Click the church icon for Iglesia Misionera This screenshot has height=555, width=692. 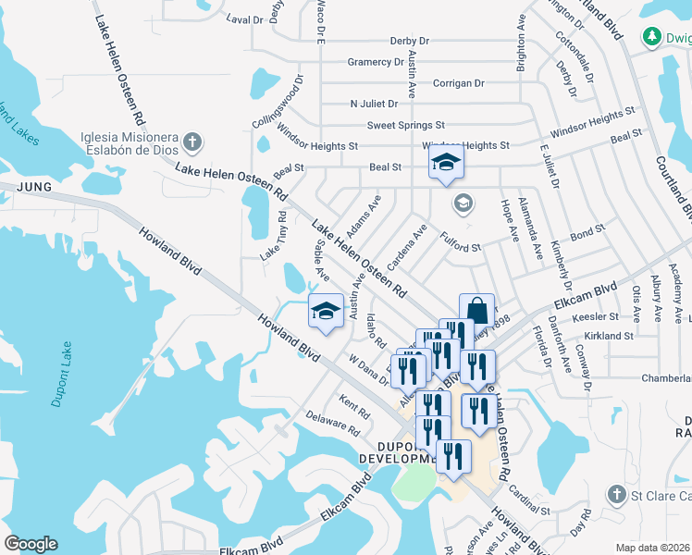coord(192,142)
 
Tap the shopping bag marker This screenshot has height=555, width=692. coord(476,309)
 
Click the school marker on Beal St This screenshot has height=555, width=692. coord(446,163)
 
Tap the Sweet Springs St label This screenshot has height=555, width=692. coord(406,125)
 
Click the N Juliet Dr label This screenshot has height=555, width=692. coord(374,104)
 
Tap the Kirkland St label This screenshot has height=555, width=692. coord(610,336)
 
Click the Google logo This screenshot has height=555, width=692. coord(31,544)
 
